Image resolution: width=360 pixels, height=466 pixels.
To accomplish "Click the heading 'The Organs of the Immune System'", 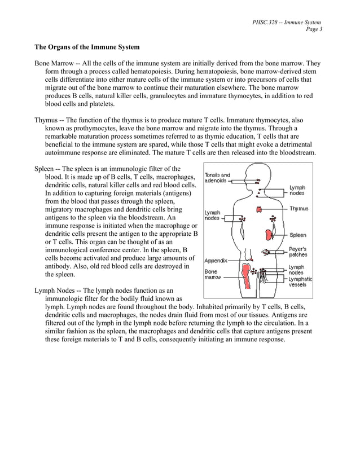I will (87, 47).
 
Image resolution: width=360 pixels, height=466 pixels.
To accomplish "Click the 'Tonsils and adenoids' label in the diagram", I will (217, 178).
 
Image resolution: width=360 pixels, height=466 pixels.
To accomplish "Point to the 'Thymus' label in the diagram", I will (298, 209).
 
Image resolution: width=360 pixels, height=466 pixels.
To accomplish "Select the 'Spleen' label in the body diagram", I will (298, 235).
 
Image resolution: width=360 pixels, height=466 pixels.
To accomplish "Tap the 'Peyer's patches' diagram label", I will (298, 252).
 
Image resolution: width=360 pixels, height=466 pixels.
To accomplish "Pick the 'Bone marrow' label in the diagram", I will (212, 275).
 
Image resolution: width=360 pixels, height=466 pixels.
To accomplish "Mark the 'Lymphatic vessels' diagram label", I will (300, 282).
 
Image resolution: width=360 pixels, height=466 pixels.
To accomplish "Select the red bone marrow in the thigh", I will (246, 277).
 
